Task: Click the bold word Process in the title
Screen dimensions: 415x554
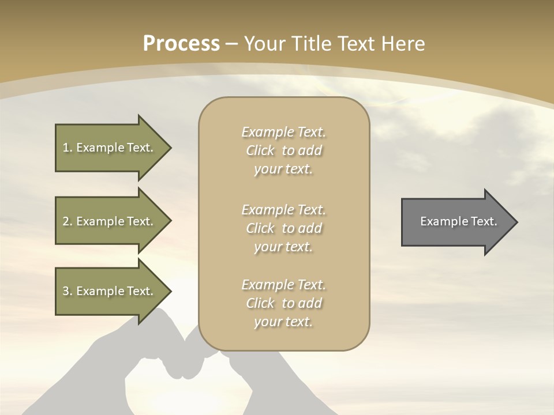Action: (181, 44)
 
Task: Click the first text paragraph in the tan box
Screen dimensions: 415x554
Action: (283, 150)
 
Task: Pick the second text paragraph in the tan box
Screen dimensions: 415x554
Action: (283, 228)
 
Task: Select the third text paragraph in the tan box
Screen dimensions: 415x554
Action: (283, 303)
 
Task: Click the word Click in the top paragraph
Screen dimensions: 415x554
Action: (260, 150)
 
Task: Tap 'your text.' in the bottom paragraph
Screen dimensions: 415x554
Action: (283, 322)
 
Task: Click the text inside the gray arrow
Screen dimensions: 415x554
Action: (458, 221)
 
